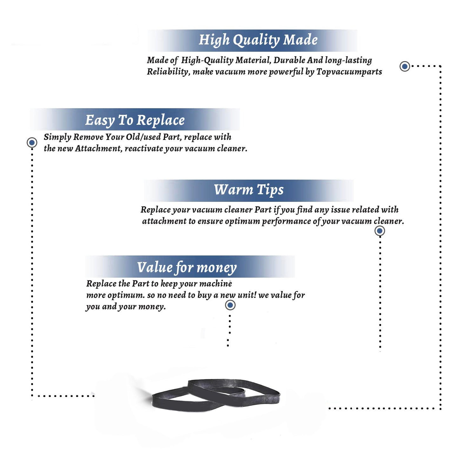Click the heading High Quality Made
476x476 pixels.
pos(258,40)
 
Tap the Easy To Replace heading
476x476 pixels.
pos(135,121)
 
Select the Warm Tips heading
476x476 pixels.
pos(249,190)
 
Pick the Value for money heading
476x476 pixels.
pos(187,268)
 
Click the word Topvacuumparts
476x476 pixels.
pos(349,72)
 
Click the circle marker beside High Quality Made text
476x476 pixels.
pos(405,66)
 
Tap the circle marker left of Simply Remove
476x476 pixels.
pos(32,142)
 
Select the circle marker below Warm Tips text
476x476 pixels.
pos(380,231)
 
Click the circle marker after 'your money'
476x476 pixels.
pos(230,305)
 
